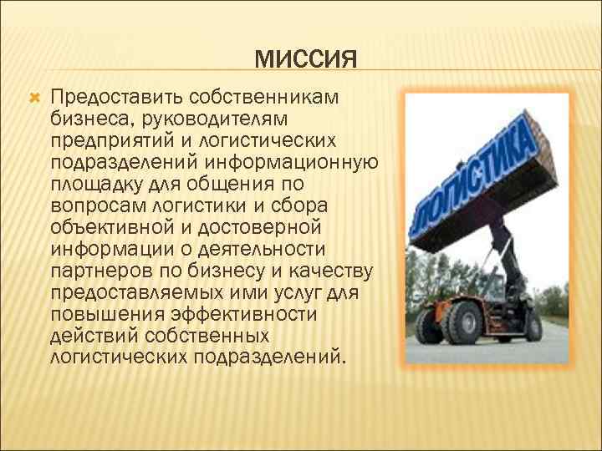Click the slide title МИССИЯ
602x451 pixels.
[305, 60]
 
